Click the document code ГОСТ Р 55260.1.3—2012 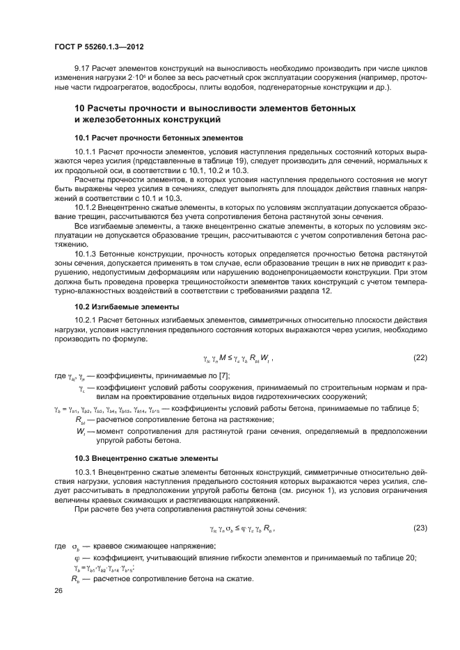(x=103, y=47)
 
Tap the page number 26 (x=58, y=590)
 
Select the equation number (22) (x=420, y=357)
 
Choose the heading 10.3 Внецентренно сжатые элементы (x=146, y=458)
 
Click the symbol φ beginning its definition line (x=77, y=557)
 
